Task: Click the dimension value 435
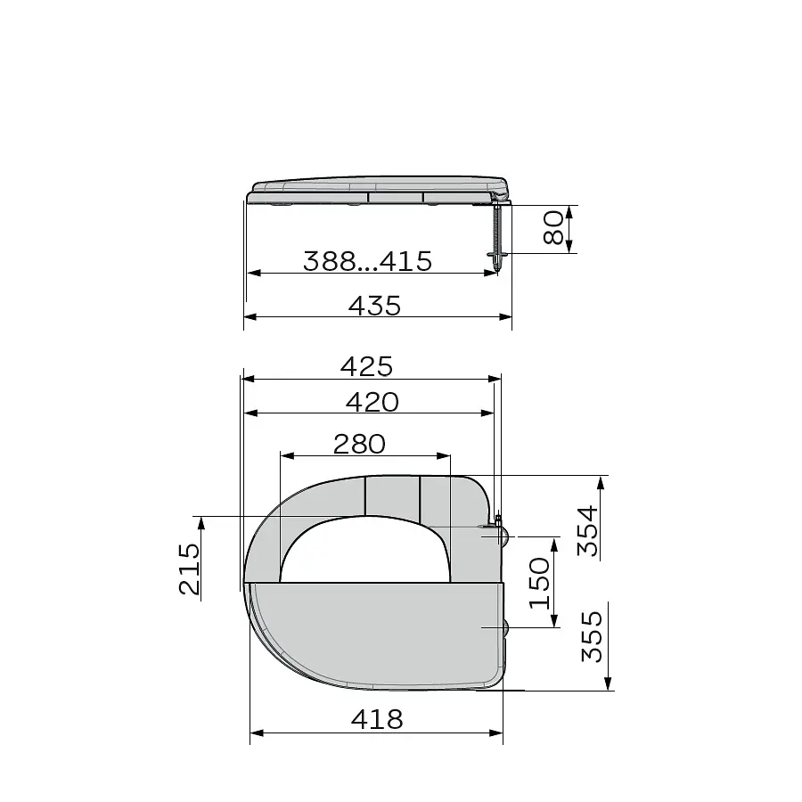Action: (x=374, y=306)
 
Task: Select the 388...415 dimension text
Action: (x=367, y=261)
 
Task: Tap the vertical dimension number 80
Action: (x=553, y=228)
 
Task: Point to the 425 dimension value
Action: (x=367, y=367)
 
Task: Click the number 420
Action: (x=372, y=402)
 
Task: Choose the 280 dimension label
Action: (x=359, y=444)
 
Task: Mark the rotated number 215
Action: (x=189, y=569)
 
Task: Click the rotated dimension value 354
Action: (x=587, y=531)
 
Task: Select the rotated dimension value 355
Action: (x=592, y=636)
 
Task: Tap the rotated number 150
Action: (x=539, y=583)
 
